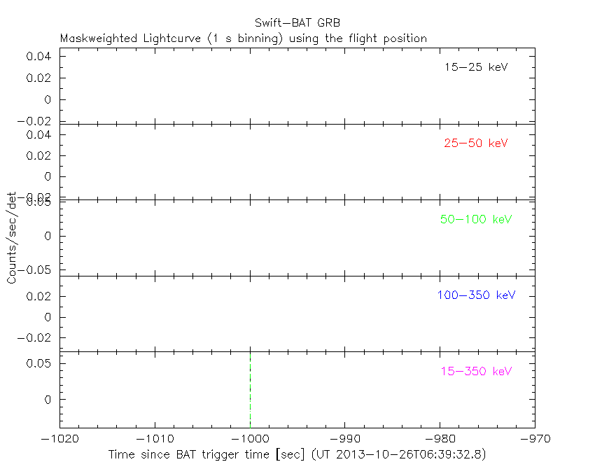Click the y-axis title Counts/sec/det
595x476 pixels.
tap(12, 238)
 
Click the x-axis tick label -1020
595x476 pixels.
tap(59, 439)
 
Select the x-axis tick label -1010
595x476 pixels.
tap(155, 439)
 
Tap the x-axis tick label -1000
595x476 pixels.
tap(250, 439)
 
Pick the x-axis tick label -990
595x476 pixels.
tap(344, 439)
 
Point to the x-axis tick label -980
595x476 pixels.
tap(440, 439)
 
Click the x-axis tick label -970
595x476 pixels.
tap(535, 439)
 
